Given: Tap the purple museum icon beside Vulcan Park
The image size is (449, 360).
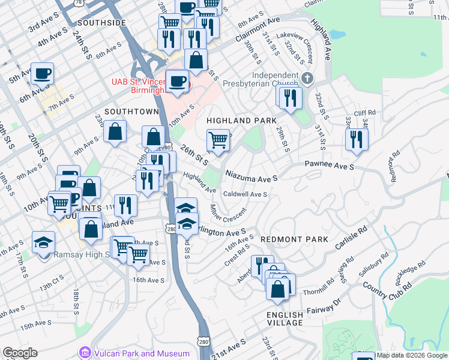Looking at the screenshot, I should (x=85, y=353).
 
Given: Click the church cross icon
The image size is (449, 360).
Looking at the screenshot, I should (x=307, y=78).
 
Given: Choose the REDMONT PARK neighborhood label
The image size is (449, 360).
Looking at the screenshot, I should (x=294, y=239).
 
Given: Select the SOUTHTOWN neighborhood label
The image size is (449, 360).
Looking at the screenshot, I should (x=131, y=112).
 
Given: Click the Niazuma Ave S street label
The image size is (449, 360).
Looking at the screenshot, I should (x=252, y=176).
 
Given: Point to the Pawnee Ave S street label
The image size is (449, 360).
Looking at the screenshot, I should (x=330, y=164).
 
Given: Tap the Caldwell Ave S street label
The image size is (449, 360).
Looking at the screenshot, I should (x=245, y=194).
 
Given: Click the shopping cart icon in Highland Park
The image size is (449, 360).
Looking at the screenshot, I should (x=218, y=140).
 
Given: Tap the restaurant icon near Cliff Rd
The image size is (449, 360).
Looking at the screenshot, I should (x=357, y=139).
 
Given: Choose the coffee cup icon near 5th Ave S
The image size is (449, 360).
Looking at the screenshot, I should (x=42, y=73).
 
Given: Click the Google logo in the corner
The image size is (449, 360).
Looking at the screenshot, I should (x=20, y=353).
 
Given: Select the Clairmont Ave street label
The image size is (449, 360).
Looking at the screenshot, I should (x=258, y=29).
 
